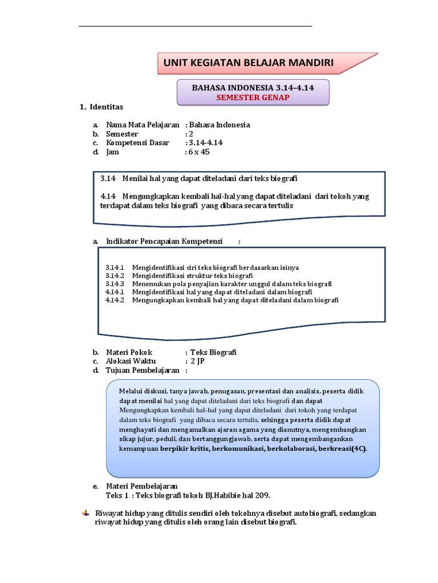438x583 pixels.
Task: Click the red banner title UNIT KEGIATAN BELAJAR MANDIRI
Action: click(248, 63)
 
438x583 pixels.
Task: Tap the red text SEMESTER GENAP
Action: click(253, 97)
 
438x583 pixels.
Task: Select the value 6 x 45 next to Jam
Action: click(200, 152)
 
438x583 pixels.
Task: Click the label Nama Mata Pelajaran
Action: click(143, 125)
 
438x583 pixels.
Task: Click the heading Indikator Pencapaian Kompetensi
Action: click(164, 241)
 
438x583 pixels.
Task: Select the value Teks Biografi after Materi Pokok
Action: click(213, 352)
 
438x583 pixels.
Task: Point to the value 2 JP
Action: click(198, 361)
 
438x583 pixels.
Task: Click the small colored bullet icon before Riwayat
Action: click(86, 514)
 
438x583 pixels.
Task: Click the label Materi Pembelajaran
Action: click(142, 486)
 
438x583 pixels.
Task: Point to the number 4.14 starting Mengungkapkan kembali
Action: click(108, 196)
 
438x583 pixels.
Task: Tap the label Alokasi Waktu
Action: click(131, 361)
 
